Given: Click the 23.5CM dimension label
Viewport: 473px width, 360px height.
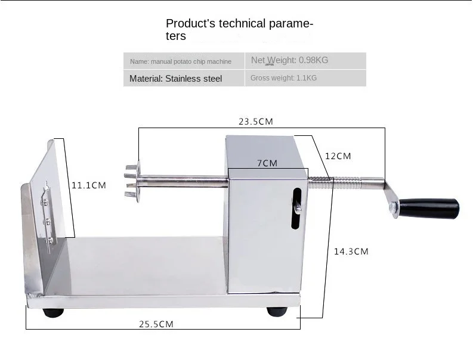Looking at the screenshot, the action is coord(256,122).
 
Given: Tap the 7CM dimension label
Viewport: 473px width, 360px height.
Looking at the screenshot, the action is coord(267,163).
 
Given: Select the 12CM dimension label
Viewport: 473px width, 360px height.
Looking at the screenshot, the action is coord(338,156).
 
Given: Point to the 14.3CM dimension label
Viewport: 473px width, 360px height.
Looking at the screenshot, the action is coord(351,252).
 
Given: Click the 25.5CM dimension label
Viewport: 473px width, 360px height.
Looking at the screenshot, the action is coord(156,324).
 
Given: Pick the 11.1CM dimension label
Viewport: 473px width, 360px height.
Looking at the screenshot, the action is coord(89,185).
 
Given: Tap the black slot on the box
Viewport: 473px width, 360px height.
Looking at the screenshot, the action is coord(296,209).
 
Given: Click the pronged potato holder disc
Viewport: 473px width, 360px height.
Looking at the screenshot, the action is coord(134,182).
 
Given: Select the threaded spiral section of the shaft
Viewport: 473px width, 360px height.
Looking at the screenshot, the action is coord(334,183).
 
